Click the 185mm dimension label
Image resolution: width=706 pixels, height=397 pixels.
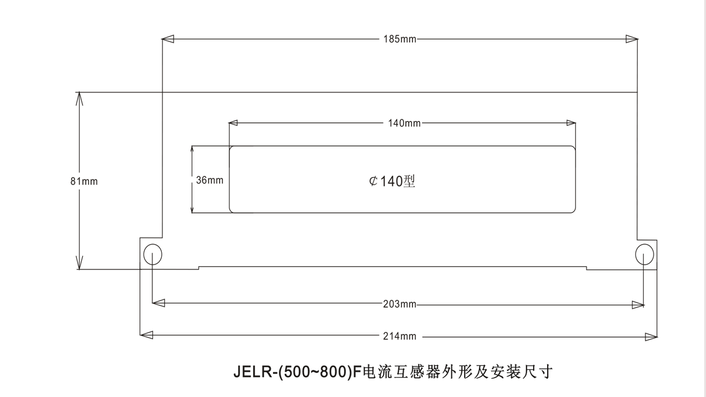pyautogui.click(x=399, y=39)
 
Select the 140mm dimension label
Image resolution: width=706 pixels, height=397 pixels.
pyautogui.click(x=404, y=124)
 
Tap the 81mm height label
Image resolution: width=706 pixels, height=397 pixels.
pyautogui.click(x=84, y=181)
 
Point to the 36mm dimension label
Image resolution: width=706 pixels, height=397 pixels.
pyautogui.click(x=209, y=181)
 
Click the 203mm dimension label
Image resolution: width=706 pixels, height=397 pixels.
pyautogui.click(x=399, y=304)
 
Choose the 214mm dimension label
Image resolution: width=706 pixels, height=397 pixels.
pyautogui.click(x=399, y=336)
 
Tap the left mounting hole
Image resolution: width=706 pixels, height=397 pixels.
pyautogui.click(x=152, y=254)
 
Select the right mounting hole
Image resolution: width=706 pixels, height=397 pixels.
pyautogui.click(x=644, y=254)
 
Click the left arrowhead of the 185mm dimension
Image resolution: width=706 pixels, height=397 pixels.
pyautogui.click(x=168, y=39)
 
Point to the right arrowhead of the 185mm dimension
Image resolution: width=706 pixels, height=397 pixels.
pyautogui.click(x=632, y=39)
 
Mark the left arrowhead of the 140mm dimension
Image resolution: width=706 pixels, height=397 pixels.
pyautogui.click(x=234, y=124)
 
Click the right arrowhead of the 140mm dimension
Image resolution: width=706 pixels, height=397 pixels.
pyautogui.click(x=570, y=124)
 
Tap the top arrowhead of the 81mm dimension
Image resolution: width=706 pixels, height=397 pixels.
pyautogui.click(x=79, y=99)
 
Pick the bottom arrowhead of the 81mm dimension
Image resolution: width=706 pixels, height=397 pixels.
pyautogui.click(x=79, y=263)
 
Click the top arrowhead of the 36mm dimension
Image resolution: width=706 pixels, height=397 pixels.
pyautogui.click(x=192, y=151)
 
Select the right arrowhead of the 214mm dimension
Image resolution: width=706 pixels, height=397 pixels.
pyautogui.click(x=651, y=336)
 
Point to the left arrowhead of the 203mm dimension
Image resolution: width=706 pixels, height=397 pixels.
pyautogui.click(x=158, y=304)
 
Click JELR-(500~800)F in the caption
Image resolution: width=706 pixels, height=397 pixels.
pyautogui.click(x=297, y=372)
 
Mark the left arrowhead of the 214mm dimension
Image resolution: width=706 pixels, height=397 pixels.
pyautogui.click(x=146, y=336)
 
